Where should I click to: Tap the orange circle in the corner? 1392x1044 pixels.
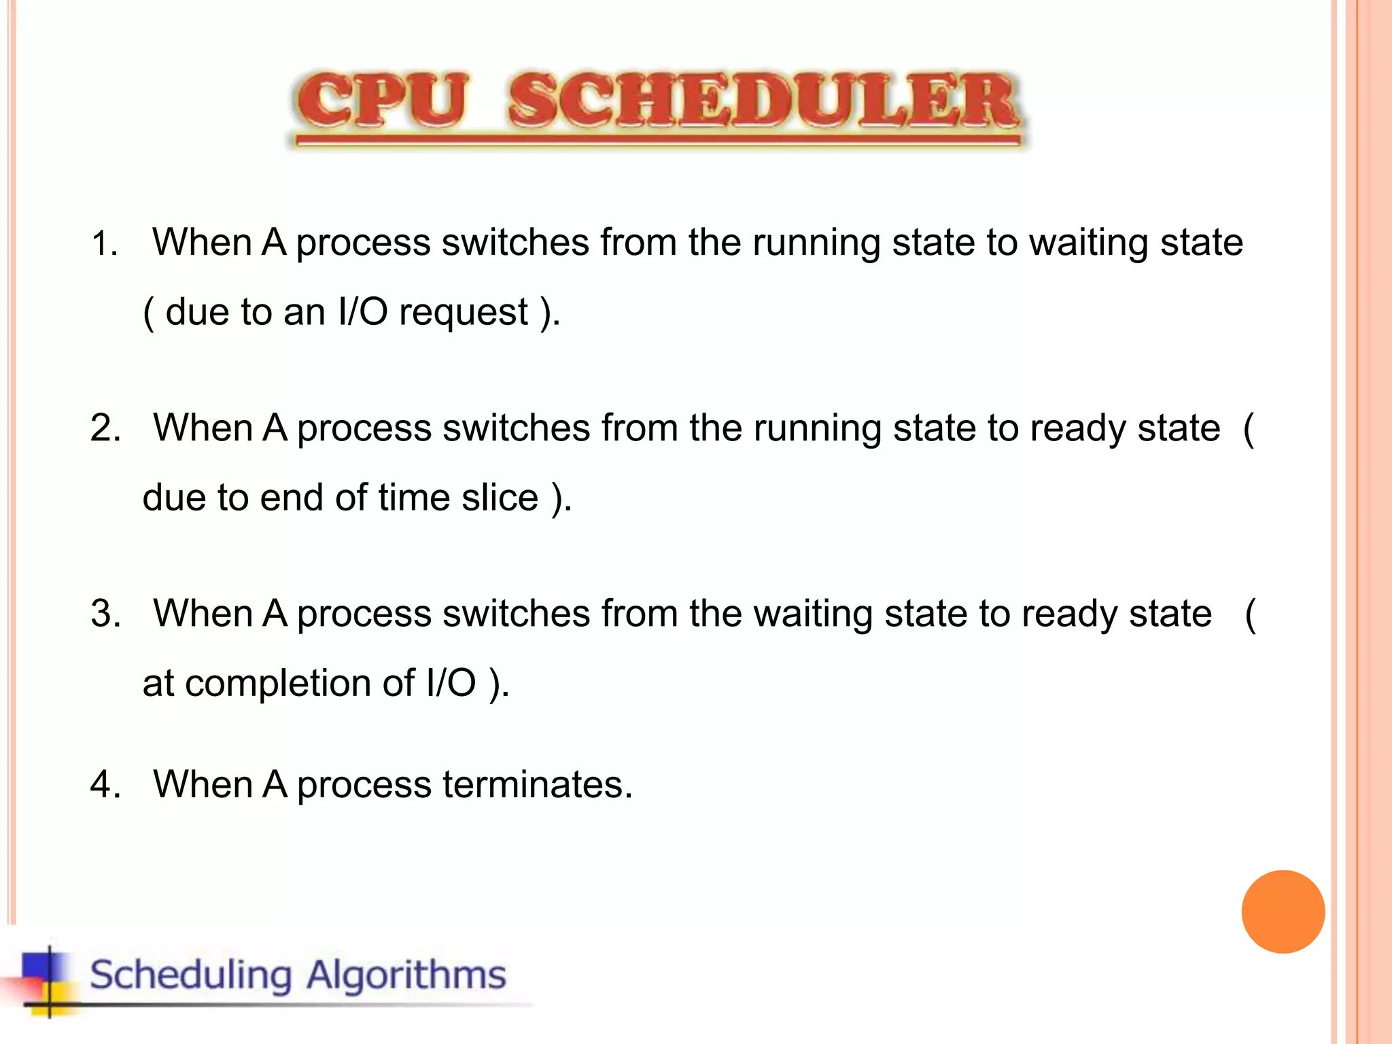point(1283,911)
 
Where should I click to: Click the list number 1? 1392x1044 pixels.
point(103,244)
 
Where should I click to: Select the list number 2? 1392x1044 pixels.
point(105,429)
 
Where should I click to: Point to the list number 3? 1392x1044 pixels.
point(105,614)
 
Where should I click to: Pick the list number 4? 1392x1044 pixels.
point(105,785)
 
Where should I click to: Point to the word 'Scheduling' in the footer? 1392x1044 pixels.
point(191,975)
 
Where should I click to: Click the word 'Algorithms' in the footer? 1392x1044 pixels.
point(406,975)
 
